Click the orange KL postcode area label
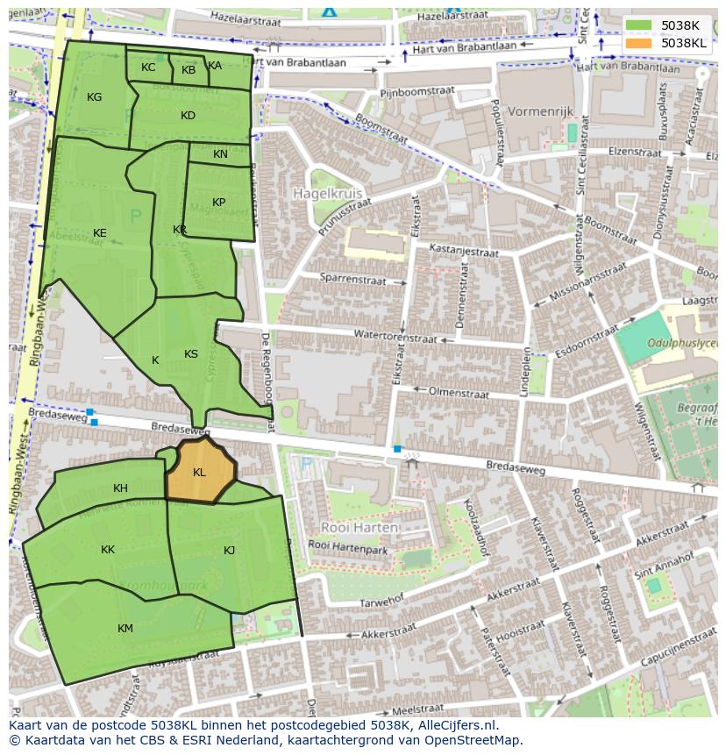pyautogui.click(x=199, y=473)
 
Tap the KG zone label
pyautogui.click(x=95, y=97)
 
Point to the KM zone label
pyautogui.click(x=125, y=629)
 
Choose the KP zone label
pyautogui.click(x=219, y=203)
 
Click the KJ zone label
pyautogui.click(x=229, y=551)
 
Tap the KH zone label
pyautogui.click(x=120, y=488)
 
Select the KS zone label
pyautogui.click(x=191, y=354)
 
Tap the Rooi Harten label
pyautogui.click(x=359, y=528)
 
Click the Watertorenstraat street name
pyautogui.click(x=395, y=335)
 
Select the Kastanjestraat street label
pyautogui.click(x=462, y=252)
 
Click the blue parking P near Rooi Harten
pyautogui.click(x=305, y=463)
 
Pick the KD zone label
pyautogui.click(x=188, y=116)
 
